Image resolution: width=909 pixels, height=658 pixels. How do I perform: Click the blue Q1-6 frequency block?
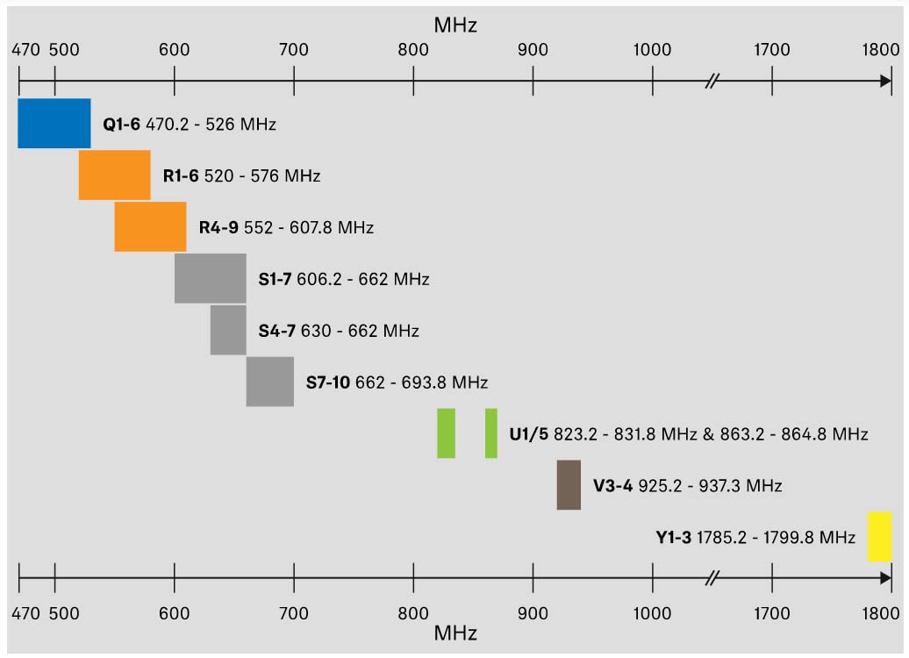click(54, 124)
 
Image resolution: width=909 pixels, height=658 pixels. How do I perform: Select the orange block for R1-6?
click(115, 175)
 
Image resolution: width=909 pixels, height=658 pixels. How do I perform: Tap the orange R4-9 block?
click(151, 226)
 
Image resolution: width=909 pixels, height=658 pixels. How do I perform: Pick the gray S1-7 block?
click(211, 278)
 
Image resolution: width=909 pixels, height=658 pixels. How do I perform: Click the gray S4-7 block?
click(228, 330)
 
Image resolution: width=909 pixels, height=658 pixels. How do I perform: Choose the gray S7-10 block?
click(270, 382)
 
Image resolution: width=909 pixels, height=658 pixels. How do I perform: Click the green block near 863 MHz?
click(491, 433)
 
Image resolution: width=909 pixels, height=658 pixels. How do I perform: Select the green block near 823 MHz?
click(447, 433)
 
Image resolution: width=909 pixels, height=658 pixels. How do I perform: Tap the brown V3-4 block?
click(569, 484)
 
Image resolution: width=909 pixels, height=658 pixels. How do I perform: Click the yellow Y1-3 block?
click(879, 536)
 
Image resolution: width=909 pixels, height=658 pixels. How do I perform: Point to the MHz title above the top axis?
click(455, 25)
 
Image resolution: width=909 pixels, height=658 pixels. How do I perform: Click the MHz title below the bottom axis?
click(455, 633)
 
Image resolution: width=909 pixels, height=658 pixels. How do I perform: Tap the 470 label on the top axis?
click(26, 50)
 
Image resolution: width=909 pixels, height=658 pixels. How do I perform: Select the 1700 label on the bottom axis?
click(771, 613)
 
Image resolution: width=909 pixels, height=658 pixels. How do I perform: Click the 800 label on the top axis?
click(413, 50)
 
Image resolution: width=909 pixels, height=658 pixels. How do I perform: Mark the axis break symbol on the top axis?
click(712, 82)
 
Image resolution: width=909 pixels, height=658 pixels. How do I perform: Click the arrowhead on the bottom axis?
click(886, 578)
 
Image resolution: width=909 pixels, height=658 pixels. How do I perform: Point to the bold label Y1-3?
click(674, 538)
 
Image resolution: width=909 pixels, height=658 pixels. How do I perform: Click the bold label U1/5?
click(529, 433)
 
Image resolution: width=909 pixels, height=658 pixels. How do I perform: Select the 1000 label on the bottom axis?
click(652, 613)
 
